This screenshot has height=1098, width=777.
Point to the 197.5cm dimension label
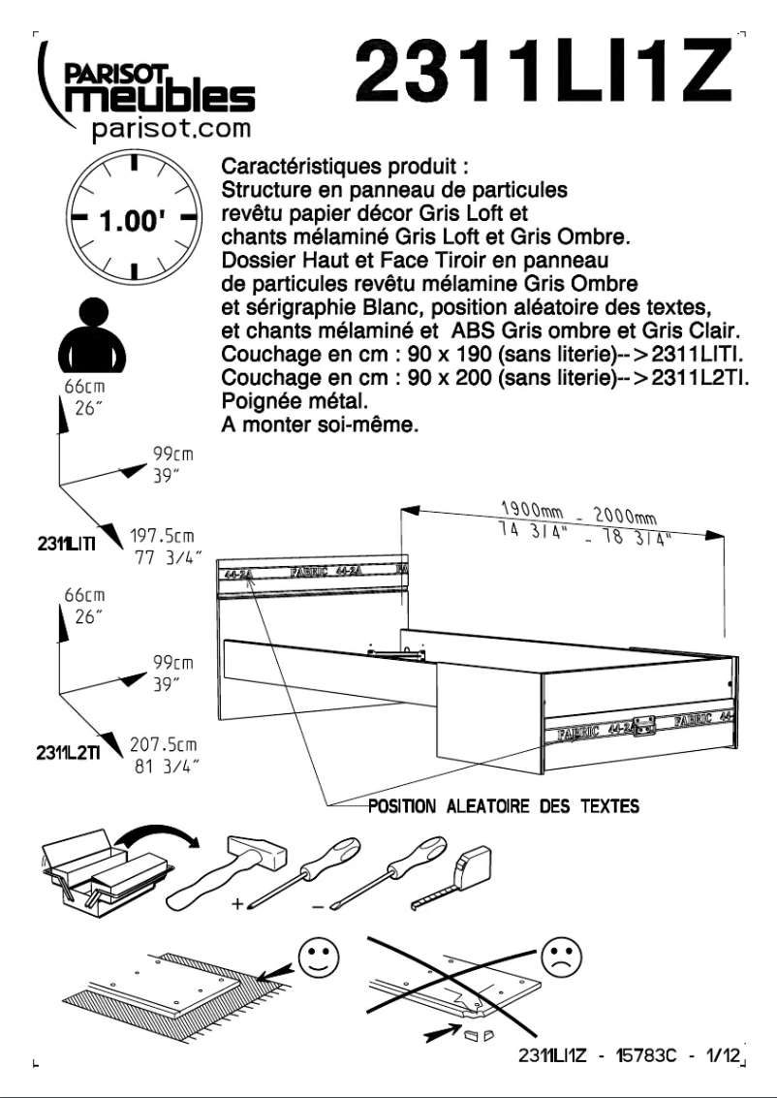pyautogui.click(x=162, y=536)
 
